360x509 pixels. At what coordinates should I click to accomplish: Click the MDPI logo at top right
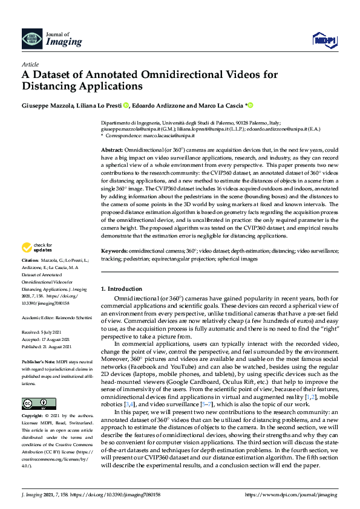pyautogui.click(x=324, y=40)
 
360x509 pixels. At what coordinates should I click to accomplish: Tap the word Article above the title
pyautogui.click(x=30, y=64)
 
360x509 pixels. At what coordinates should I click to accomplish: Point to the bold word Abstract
pyautogui.click(x=111, y=149)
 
